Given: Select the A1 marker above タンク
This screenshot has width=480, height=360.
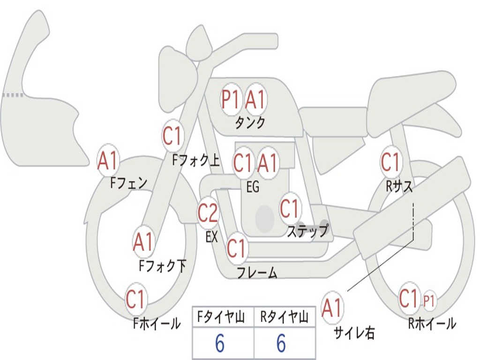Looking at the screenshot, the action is (x=255, y=99).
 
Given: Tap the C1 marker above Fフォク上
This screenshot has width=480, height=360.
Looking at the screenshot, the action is (x=172, y=135).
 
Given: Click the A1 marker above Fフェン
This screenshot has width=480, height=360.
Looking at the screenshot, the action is (x=108, y=160).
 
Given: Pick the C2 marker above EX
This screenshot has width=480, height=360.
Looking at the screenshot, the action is (x=208, y=212).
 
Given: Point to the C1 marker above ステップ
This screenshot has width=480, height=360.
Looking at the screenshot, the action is (x=289, y=209).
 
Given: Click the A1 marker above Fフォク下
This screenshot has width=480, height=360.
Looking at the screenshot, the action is (x=143, y=242).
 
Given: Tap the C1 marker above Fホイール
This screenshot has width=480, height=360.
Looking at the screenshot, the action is (x=135, y=299).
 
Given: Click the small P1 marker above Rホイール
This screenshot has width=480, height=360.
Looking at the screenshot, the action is (x=429, y=301).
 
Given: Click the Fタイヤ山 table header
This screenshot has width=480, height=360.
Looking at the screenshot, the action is (x=221, y=317).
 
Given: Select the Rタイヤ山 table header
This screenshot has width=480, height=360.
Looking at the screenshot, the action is (x=284, y=317).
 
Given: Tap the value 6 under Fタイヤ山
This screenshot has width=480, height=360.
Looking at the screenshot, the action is (x=220, y=344).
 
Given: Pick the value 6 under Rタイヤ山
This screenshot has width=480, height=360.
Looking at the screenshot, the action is (x=281, y=344).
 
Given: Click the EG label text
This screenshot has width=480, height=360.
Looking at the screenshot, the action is (x=253, y=187).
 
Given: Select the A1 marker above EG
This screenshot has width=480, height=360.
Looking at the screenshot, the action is (x=268, y=162).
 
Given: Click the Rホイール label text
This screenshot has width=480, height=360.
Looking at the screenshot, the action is (x=432, y=323).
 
